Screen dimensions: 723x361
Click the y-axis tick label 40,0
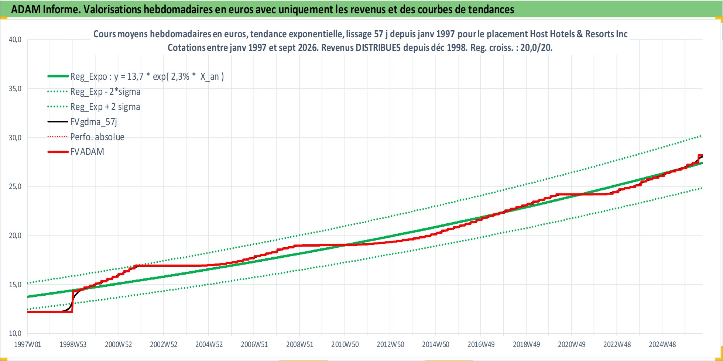[15, 39]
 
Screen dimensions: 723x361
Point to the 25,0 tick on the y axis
[15, 186]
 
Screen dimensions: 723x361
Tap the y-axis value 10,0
[15, 333]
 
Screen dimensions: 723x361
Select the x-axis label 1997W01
[28, 344]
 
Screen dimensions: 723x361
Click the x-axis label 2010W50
[345, 344]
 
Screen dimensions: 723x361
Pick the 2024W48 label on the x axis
[662, 344]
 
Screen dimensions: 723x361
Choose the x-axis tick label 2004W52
[209, 344]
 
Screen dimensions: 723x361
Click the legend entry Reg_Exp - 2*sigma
[105, 92]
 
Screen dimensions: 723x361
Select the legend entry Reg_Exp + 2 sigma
[105, 107]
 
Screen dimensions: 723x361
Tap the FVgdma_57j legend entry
[93, 122]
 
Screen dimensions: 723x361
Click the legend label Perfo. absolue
[97, 137]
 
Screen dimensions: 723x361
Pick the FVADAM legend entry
[87, 152]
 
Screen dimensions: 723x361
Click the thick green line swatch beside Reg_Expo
[58, 76]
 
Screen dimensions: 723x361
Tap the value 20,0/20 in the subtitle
[536, 48]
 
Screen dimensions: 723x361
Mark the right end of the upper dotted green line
[701, 136]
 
